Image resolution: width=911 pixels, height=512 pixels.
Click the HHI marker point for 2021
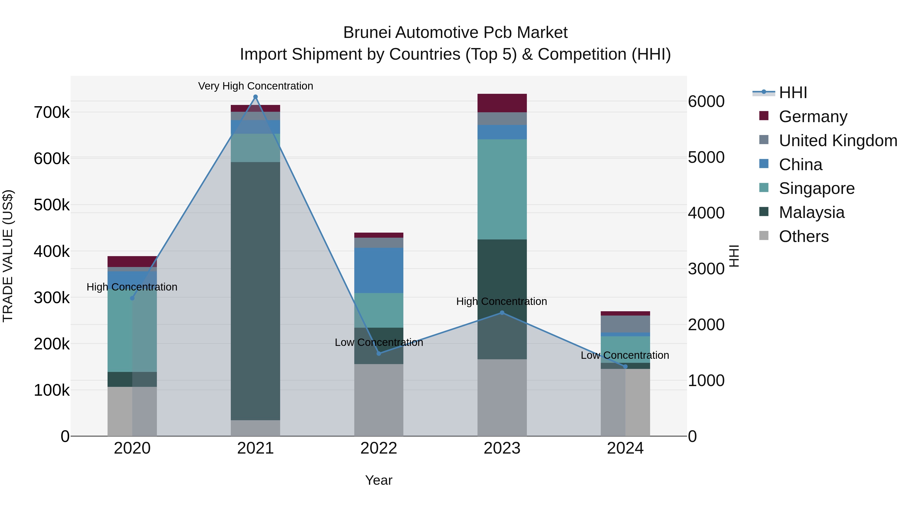(255, 97)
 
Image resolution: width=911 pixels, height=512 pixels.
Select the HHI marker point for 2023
(502, 313)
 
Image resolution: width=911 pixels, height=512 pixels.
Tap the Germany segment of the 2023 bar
(502, 103)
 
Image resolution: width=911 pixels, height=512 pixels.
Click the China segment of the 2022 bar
(379, 270)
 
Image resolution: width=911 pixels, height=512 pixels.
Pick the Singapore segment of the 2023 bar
(502, 189)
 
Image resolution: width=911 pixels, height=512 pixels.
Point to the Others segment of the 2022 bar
(379, 400)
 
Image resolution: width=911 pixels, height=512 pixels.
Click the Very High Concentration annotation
(255, 86)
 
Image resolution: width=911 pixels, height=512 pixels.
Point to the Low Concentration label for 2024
(625, 355)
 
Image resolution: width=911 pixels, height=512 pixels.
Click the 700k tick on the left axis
(52, 113)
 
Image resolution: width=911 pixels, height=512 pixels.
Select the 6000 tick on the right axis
(706, 101)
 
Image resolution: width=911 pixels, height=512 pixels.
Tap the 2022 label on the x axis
(379, 448)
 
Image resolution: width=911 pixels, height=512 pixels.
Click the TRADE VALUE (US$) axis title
(8, 256)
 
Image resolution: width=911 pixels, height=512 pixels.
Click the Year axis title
(379, 480)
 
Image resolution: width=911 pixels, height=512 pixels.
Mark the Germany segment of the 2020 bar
(132, 261)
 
